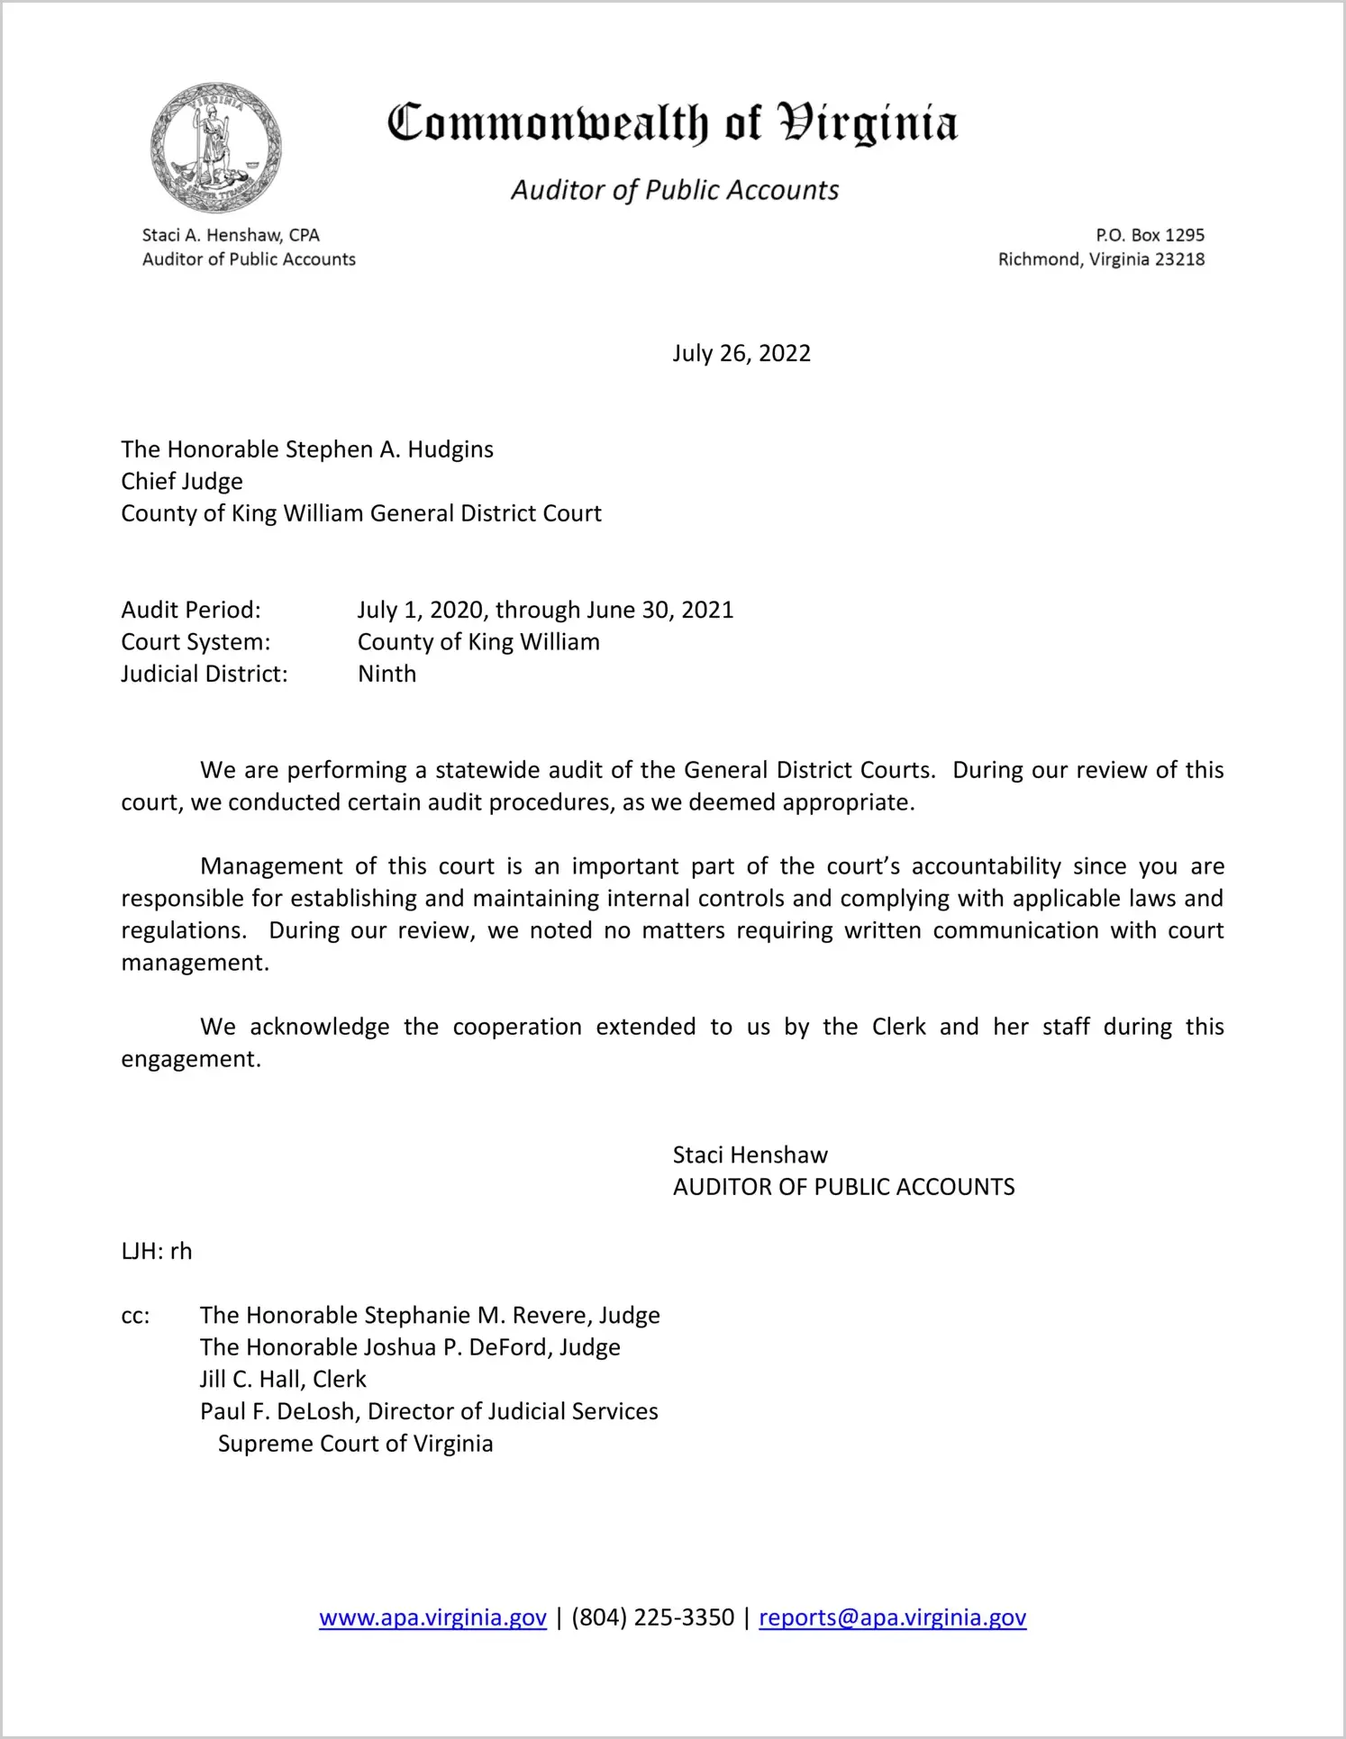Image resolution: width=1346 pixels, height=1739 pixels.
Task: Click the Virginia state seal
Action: (x=216, y=148)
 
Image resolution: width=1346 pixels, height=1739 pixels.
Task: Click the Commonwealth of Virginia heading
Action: (x=672, y=123)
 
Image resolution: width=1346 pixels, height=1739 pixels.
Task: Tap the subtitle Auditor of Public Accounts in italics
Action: (x=675, y=190)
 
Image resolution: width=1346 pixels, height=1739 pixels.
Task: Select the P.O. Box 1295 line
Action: (x=1150, y=235)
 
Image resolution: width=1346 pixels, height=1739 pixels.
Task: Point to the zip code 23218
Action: (x=1179, y=259)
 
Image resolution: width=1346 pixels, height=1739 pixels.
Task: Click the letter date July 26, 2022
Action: (x=741, y=353)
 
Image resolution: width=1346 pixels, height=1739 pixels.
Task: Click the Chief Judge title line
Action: (x=182, y=481)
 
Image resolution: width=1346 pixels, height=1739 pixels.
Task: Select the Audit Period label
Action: (x=191, y=610)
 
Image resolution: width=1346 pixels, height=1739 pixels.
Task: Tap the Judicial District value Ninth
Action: (x=387, y=674)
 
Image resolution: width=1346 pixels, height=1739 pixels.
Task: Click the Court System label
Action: (x=196, y=642)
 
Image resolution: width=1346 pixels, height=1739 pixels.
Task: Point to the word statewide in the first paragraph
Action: (x=487, y=770)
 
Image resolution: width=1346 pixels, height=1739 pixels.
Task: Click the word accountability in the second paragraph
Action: (x=987, y=866)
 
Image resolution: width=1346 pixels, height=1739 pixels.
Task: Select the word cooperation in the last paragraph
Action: (x=517, y=1027)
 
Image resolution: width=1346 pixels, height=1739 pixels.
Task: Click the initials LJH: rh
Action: (x=157, y=1251)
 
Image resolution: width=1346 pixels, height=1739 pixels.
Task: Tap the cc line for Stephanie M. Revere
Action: (x=430, y=1315)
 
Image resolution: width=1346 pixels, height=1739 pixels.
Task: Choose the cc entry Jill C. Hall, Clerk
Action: (x=283, y=1379)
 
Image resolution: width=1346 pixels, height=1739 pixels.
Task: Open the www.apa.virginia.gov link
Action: (x=432, y=1617)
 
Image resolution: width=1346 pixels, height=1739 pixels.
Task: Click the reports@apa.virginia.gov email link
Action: (x=892, y=1617)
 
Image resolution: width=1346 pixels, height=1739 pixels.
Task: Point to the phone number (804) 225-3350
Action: (x=652, y=1617)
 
